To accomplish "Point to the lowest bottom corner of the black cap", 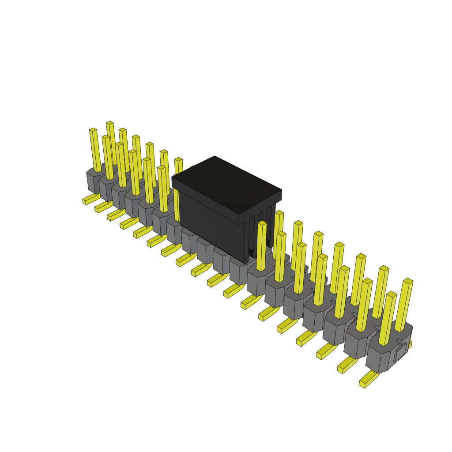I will click(x=245, y=262).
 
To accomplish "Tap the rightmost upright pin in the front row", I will click(x=388, y=318).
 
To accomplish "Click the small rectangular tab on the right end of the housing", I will click(x=401, y=351).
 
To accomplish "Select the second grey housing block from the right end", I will click(x=357, y=344).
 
